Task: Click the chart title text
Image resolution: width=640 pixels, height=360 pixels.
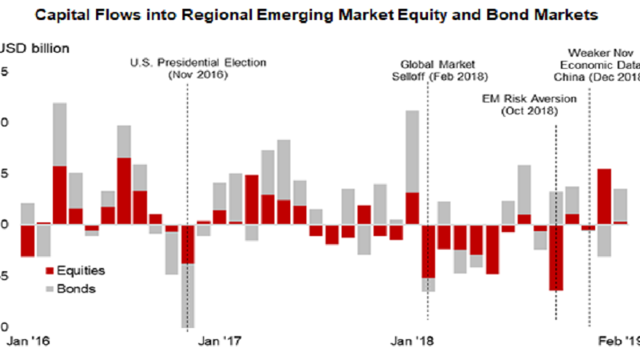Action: coord(320,14)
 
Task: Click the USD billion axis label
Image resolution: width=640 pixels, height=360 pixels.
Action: coord(36,48)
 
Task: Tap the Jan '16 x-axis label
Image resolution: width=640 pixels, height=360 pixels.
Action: coord(28,341)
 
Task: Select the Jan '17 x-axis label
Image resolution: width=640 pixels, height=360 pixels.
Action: coord(219,341)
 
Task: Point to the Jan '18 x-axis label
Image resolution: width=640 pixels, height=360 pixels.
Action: coord(413,341)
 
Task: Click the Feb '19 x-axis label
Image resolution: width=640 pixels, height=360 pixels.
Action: coord(619,341)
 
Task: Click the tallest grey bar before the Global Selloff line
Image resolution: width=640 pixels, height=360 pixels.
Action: coord(413,151)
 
